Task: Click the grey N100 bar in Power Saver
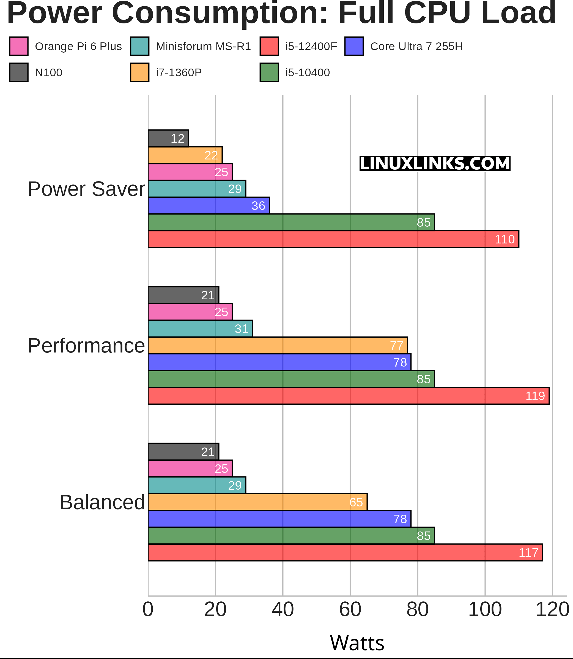pos(168,138)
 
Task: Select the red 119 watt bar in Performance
pos(349,396)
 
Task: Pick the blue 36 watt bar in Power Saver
pos(209,205)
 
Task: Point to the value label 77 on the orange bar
pos(396,346)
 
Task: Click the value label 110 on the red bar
pos(505,239)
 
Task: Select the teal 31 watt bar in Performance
pos(200,329)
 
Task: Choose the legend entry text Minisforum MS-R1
pos(203,47)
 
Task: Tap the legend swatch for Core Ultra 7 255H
pos(354,47)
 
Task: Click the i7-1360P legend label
pos(179,73)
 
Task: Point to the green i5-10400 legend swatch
pos(269,73)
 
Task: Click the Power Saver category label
pos(86,189)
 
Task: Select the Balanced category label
pos(102,503)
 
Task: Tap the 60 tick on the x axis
pos(350,610)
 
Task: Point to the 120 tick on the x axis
pos(552,610)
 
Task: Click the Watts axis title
pos(357,643)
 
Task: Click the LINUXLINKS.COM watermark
pos(435,164)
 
